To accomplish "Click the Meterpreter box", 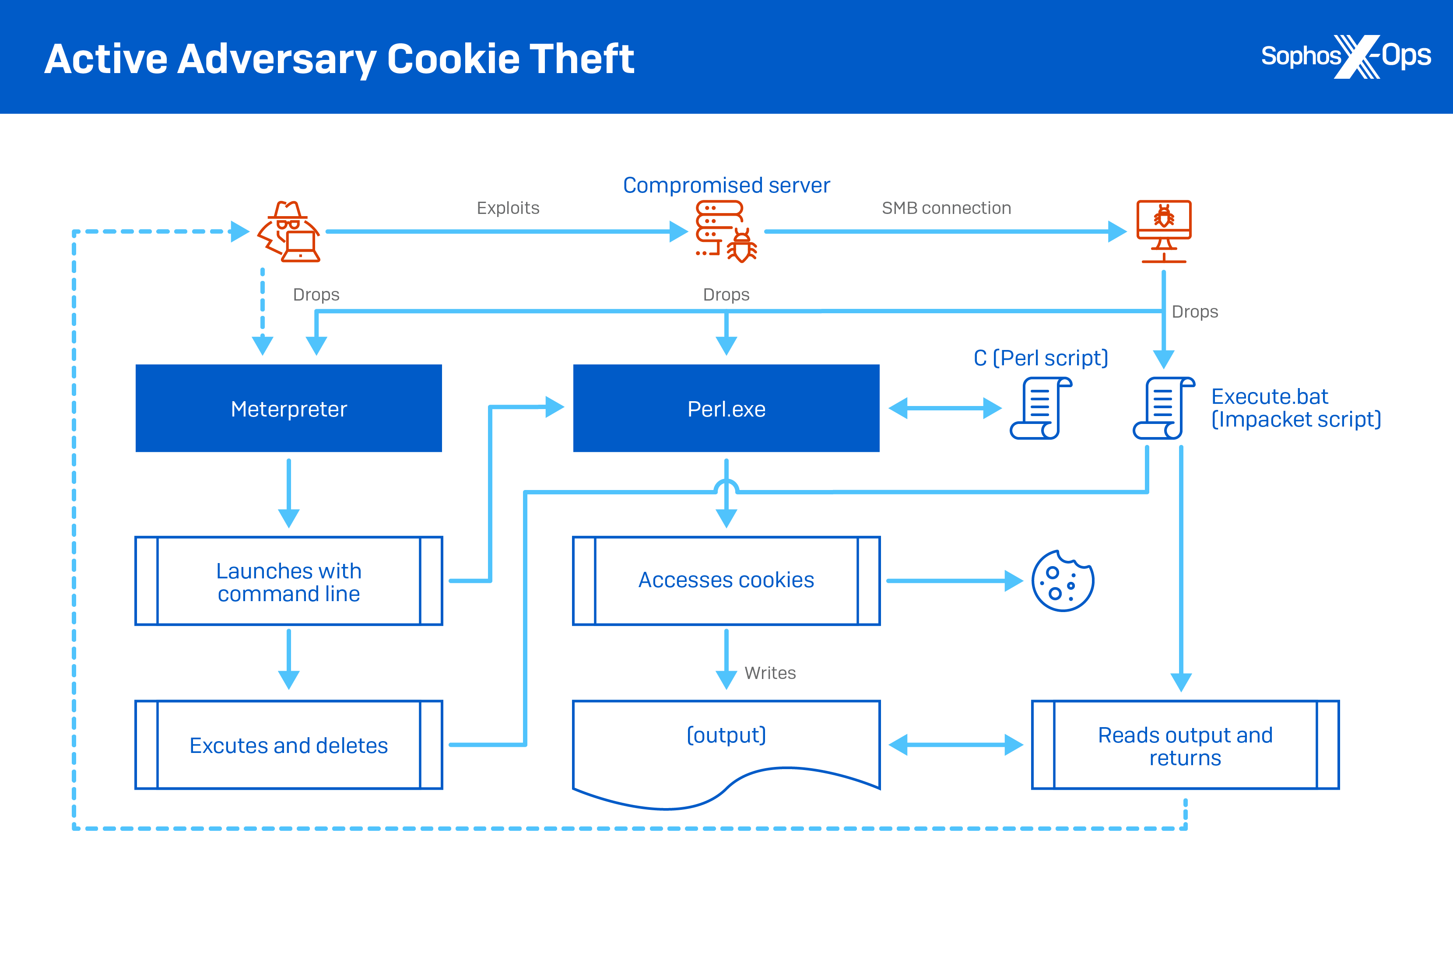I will (x=288, y=409).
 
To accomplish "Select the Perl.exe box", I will (x=726, y=409).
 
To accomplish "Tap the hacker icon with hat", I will (x=288, y=232).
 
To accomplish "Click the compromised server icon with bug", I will (x=725, y=232).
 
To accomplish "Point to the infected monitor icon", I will (x=1163, y=231).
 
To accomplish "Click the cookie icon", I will (x=1062, y=581).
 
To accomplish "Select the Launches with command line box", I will (x=288, y=581).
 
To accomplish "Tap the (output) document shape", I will (x=726, y=749).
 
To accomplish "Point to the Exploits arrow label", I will (x=508, y=208).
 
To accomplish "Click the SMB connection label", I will (x=946, y=208).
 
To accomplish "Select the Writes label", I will (x=770, y=673).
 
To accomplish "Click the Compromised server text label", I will (x=726, y=185).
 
